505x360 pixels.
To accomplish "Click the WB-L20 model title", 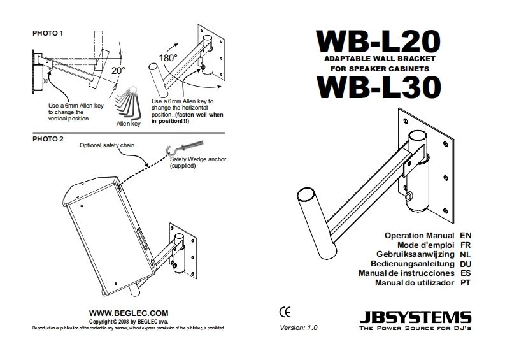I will click(x=378, y=41).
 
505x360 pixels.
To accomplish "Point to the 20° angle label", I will click(x=118, y=70).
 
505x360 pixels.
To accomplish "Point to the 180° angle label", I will click(x=168, y=57).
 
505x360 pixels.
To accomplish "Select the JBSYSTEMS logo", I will click(x=415, y=316).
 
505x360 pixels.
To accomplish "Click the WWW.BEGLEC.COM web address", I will click(x=129, y=313).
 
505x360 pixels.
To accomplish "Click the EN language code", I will click(x=465, y=235).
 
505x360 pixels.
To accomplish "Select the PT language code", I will click(x=465, y=282).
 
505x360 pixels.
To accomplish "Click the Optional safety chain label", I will click(x=106, y=145).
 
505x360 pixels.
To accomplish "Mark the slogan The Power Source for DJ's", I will click(x=415, y=328).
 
